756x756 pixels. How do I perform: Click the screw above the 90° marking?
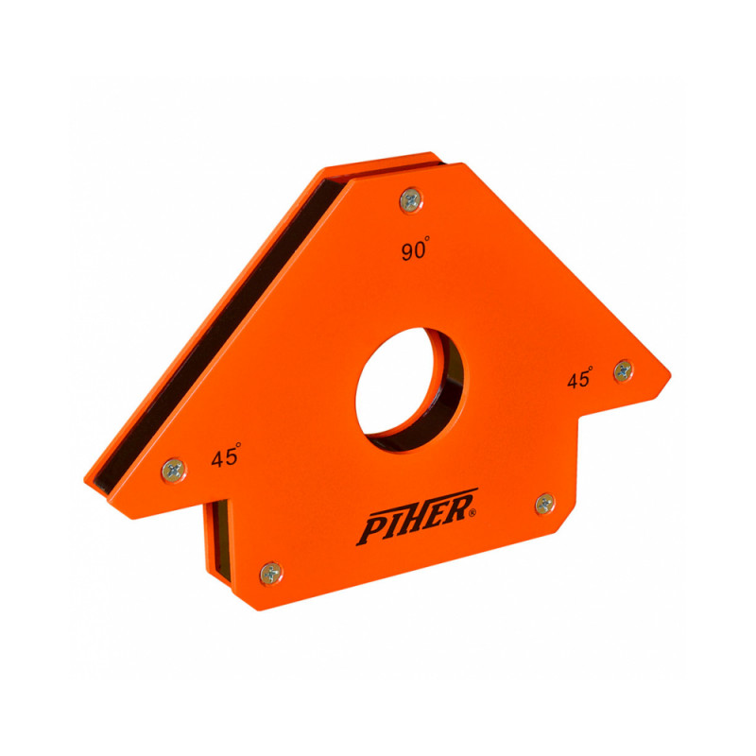411,200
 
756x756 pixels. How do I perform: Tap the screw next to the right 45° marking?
623,370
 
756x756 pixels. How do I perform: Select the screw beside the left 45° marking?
174,470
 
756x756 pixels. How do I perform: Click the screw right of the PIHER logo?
545,504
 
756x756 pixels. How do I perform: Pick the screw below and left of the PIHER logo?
271,574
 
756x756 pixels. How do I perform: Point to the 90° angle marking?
415,249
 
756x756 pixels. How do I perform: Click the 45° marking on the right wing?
579,377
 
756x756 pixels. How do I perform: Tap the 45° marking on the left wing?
226,455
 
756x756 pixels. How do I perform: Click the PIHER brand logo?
418,517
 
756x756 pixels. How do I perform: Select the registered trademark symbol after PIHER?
472,513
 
